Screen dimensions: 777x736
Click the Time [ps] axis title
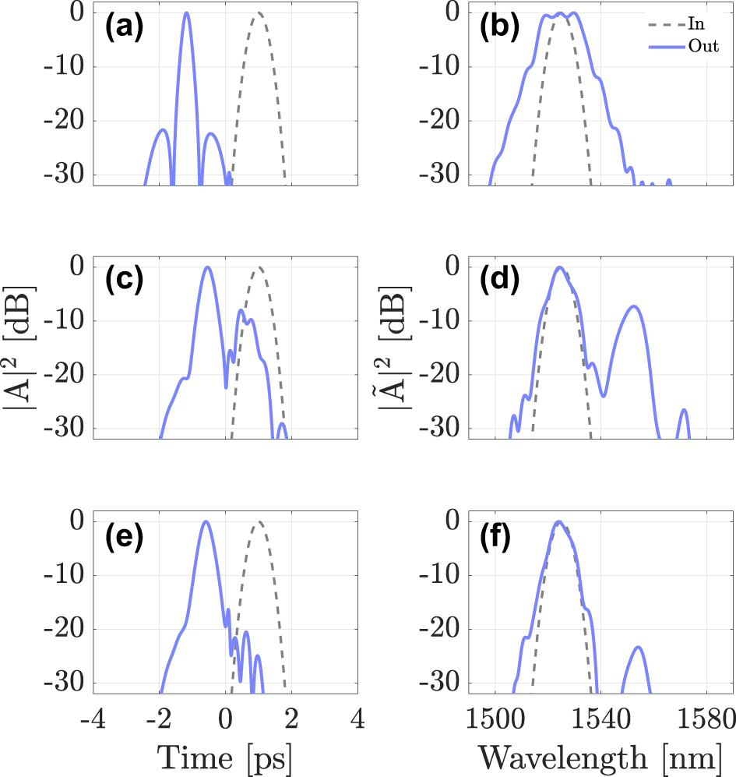[x=224, y=757]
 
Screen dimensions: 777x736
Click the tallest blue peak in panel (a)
[x=186, y=13]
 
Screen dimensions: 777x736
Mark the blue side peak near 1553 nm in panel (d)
[x=634, y=306]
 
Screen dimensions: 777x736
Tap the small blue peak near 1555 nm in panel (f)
[x=638, y=647]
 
